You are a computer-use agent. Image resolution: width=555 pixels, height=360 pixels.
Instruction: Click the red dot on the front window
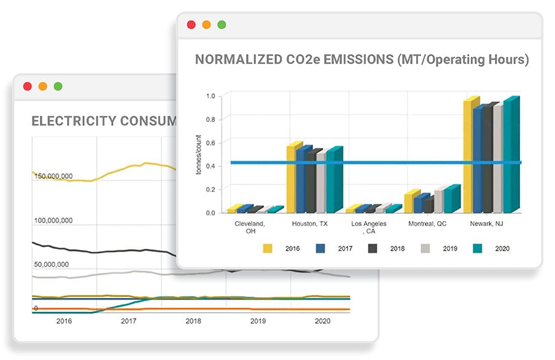tap(191, 25)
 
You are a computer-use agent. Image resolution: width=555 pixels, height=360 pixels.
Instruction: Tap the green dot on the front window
tap(222, 25)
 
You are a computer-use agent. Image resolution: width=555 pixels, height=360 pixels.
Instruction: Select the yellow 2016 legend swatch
tap(268, 248)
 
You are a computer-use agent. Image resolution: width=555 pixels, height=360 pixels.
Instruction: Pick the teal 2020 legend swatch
tap(478, 248)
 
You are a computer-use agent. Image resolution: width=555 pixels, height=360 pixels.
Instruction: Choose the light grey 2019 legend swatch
tap(425, 248)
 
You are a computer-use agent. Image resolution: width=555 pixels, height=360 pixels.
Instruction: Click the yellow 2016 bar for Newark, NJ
tap(470, 157)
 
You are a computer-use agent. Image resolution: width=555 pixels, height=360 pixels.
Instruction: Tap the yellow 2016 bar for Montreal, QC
tap(410, 202)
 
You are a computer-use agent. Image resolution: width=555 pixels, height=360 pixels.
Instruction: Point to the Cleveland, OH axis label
tap(250, 227)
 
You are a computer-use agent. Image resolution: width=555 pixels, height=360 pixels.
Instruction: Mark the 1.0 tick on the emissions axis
tap(211, 96)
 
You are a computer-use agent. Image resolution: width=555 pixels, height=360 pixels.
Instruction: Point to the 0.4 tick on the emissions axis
tap(211, 166)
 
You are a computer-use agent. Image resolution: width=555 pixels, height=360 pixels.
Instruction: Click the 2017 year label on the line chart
tap(128, 321)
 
